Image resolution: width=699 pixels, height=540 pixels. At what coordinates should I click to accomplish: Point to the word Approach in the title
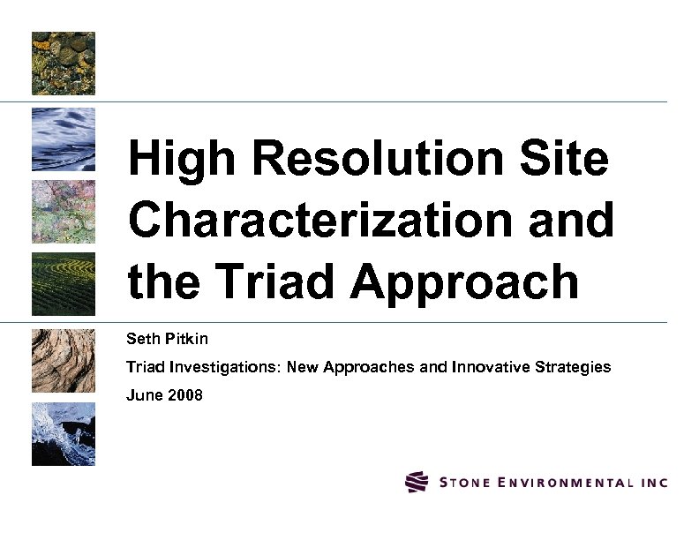tap(465, 282)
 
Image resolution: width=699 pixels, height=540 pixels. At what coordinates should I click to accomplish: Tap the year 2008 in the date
tap(185, 395)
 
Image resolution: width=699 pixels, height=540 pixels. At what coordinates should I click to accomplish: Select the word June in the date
tap(145, 395)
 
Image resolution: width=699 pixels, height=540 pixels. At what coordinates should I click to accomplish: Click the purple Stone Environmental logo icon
tap(417, 482)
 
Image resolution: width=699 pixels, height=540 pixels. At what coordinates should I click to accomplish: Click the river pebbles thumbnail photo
tap(64, 64)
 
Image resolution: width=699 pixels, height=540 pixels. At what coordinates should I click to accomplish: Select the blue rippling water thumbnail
tap(64, 139)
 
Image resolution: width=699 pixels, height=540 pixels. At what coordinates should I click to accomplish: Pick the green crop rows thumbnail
tap(64, 284)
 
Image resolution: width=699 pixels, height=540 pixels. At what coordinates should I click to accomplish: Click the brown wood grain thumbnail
tap(64, 359)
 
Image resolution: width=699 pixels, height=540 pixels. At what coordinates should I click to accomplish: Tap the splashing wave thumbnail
tap(64, 434)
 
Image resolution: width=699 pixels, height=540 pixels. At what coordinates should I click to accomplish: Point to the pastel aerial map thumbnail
tap(64, 212)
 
